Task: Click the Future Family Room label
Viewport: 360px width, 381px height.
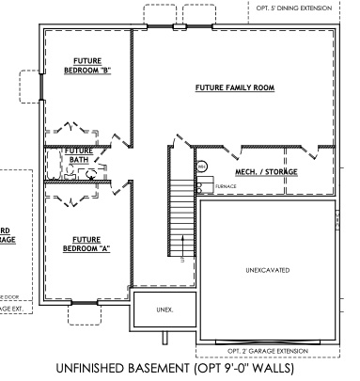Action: pyautogui.click(x=234, y=87)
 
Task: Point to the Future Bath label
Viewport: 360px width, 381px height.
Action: pyautogui.click(x=78, y=155)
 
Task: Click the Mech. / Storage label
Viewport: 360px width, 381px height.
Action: pyautogui.click(x=247, y=172)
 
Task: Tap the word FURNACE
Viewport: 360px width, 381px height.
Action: pyautogui.click(x=226, y=186)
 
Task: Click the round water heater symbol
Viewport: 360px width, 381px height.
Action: pyautogui.click(x=202, y=167)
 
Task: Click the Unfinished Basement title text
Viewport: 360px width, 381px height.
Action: pyautogui.click(x=180, y=367)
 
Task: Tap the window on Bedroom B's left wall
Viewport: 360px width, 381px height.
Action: pyautogui.click(x=39, y=86)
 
